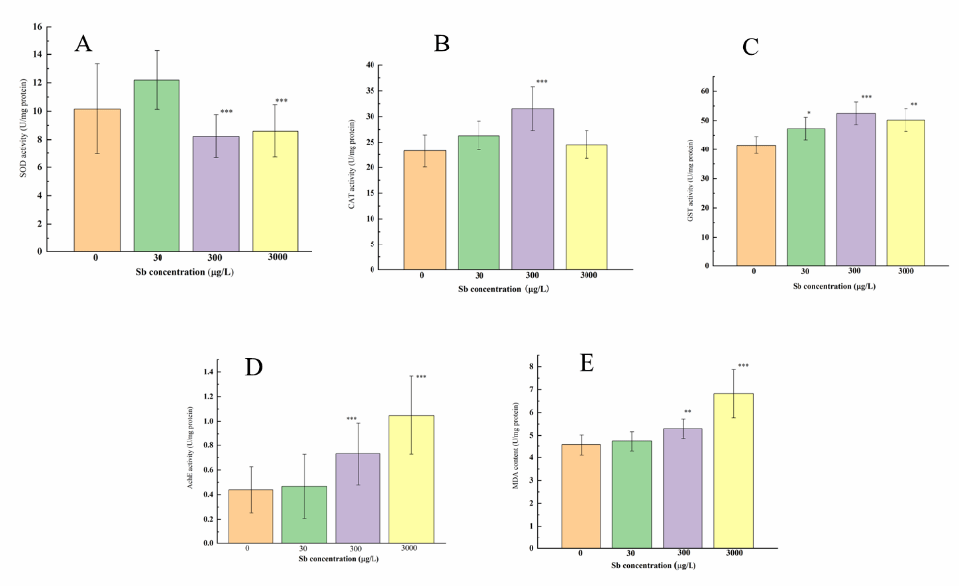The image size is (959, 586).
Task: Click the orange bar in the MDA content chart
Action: coord(581,496)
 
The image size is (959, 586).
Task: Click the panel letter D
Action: coord(254,367)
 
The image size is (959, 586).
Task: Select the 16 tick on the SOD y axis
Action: coord(39,27)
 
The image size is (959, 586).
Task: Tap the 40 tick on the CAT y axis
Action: coord(370,65)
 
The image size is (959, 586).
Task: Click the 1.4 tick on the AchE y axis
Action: coord(208,372)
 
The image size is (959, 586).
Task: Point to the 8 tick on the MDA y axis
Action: coord(532,367)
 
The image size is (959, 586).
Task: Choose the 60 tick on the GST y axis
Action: coord(705,91)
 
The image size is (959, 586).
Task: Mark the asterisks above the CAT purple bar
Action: coord(541,82)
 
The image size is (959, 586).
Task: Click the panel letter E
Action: coord(586,363)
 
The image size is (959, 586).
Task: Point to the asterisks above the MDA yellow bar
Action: coord(742,366)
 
